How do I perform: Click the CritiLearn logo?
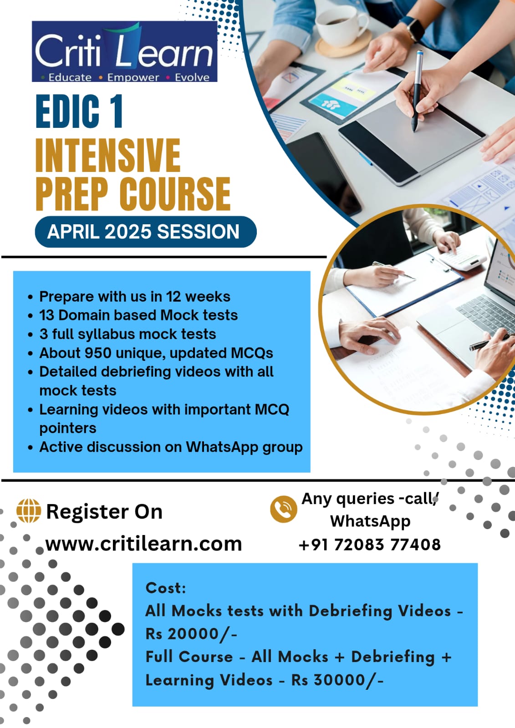[125, 51]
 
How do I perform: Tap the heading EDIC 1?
[79, 112]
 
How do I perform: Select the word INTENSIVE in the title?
[107, 155]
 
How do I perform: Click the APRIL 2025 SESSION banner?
[146, 232]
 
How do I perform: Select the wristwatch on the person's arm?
[413, 28]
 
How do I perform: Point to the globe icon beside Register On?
[29, 511]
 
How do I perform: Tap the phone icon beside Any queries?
[283, 509]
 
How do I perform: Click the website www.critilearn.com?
[143, 544]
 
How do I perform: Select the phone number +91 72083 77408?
[370, 544]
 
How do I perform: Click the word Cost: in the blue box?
[166, 587]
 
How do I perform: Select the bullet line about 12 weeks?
[135, 296]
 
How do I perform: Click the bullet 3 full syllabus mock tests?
[127, 334]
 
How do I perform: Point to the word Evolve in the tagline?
[192, 78]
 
